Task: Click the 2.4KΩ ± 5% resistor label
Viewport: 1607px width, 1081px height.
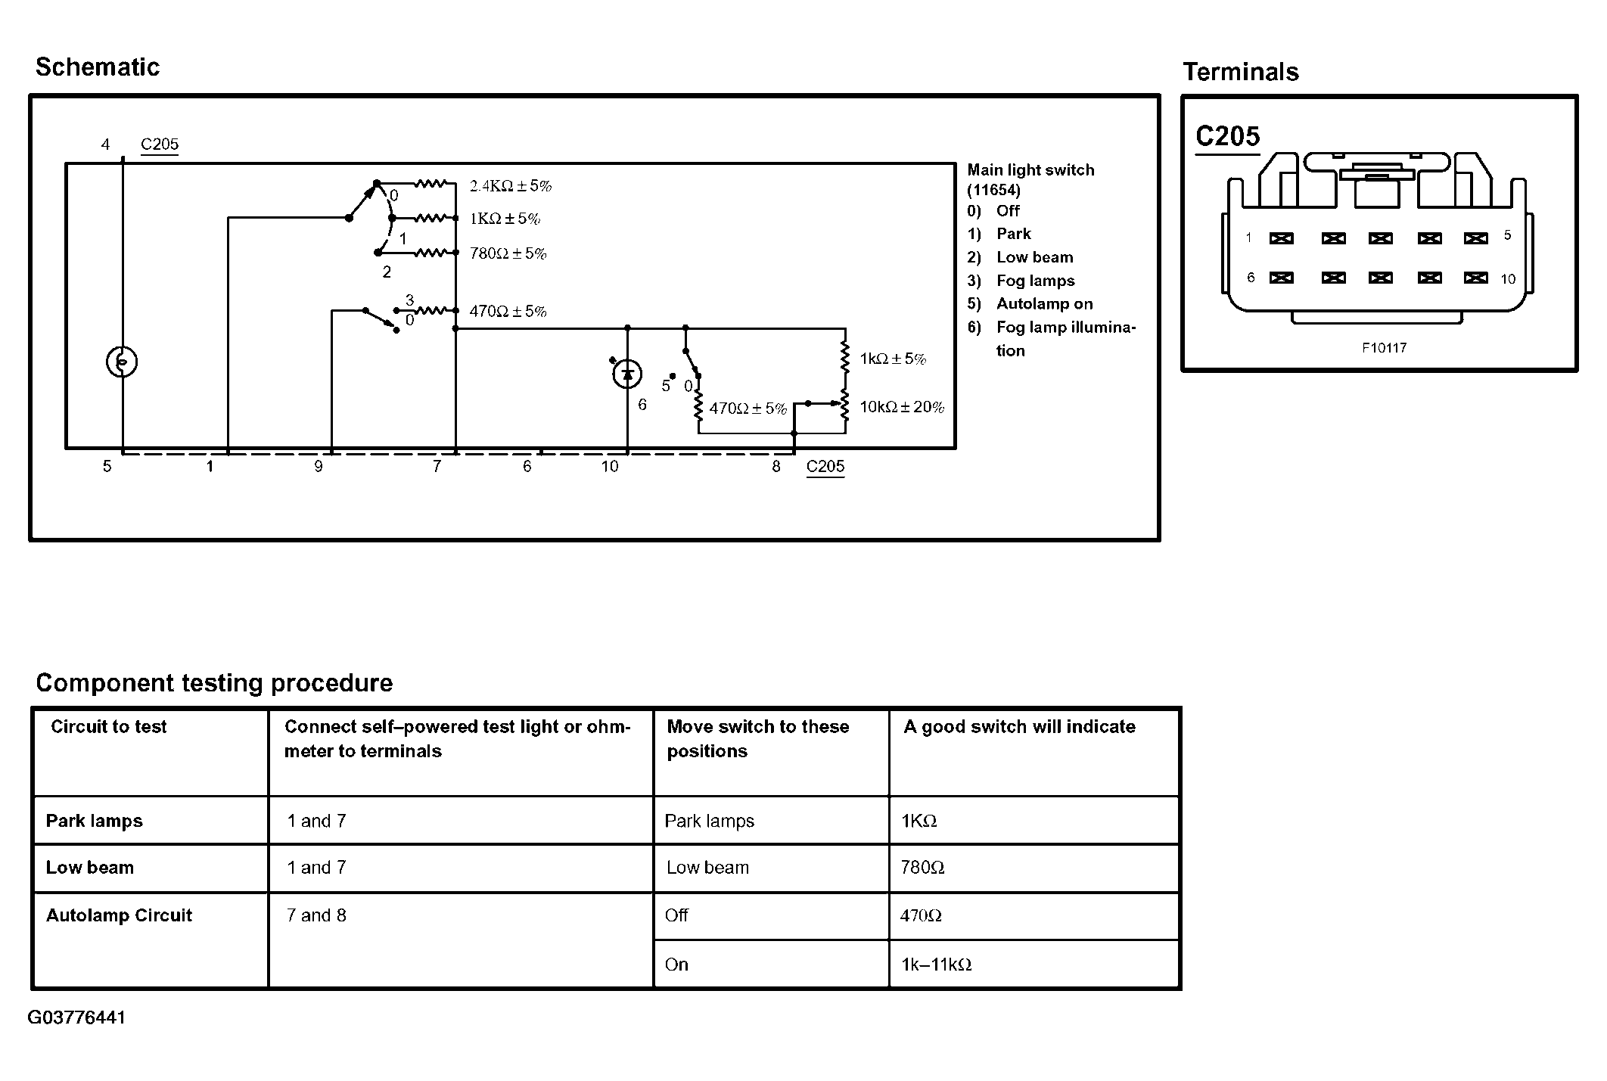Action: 511,186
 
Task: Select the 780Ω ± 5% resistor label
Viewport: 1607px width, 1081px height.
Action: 508,253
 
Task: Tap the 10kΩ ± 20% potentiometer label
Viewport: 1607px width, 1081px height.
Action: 902,408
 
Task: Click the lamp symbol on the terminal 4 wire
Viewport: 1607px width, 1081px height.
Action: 122,362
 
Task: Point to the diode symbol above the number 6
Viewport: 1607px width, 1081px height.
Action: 627,374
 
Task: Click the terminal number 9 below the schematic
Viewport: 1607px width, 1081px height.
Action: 319,467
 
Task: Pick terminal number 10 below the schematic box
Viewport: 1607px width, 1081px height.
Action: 610,467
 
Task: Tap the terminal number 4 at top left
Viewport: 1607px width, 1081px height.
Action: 105,144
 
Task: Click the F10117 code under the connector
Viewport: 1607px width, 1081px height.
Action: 1384,348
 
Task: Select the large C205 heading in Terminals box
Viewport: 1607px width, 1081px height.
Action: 1228,136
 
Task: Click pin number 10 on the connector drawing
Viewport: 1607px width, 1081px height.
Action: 1508,279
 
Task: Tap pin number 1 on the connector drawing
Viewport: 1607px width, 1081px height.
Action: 1248,238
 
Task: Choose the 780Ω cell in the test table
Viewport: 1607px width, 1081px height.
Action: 922,868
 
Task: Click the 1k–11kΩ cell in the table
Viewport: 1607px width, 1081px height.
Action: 936,965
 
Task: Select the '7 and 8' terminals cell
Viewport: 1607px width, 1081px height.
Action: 316,915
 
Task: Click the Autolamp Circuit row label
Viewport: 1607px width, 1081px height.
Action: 119,915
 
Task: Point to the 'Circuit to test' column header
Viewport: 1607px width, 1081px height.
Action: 108,727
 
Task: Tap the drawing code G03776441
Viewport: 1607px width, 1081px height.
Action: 76,1017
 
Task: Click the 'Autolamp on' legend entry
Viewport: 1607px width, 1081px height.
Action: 1044,304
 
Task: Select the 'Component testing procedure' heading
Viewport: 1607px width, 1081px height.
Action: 214,683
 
